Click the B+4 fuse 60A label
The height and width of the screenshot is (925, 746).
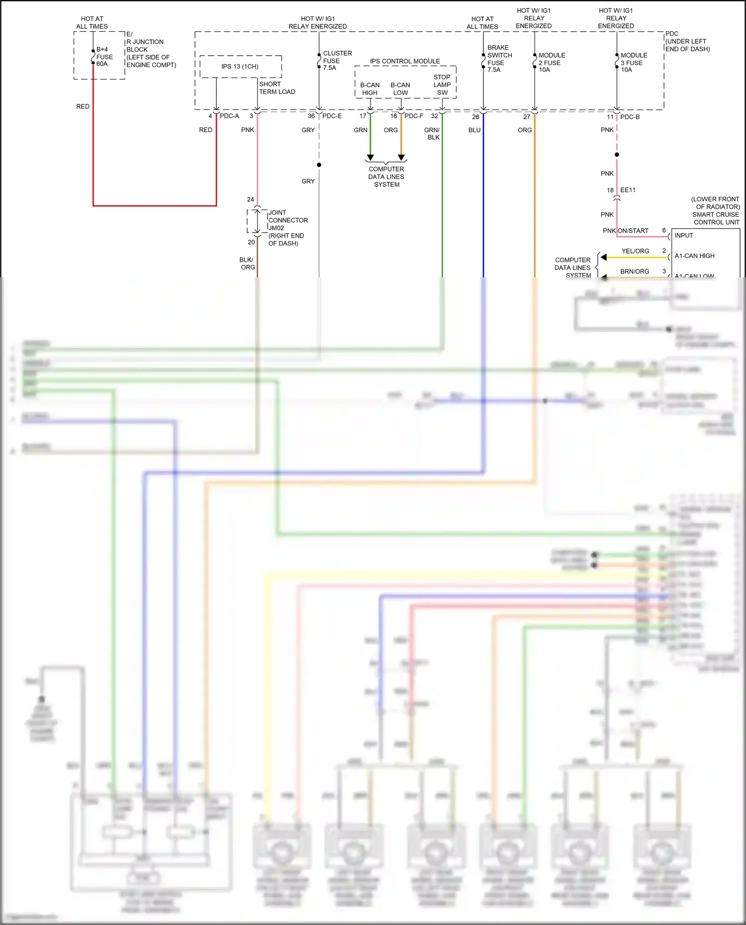pyautogui.click(x=104, y=57)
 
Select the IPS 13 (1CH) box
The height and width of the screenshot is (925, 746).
pyautogui.click(x=240, y=67)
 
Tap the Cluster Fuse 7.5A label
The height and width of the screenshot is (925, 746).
pyautogui.click(x=337, y=60)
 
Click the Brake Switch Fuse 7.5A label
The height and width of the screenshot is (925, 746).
pyautogui.click(x=499, y=59)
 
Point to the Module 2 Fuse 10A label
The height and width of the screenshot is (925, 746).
pyautogui.click(x=551, y=62)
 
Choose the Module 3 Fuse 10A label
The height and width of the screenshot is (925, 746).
pyautogui.click(x=633, y=62)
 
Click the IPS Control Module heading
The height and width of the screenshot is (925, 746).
pyautogui.click(x=404, y=61)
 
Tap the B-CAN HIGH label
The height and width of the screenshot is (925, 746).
pyautogui.click(x=370, y=89)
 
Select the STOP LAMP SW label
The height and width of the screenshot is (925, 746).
pyautogui.click(x=442, y=84)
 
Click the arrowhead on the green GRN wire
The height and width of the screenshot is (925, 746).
pyautogui.click(x=370, y=158)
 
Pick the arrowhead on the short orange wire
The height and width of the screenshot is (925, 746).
pyautogui.click(x=401, y=158)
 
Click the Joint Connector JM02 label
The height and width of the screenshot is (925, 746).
pyautogui.click(x=287, y=220)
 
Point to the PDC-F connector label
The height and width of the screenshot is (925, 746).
pyautogui.click(x=413, y=116)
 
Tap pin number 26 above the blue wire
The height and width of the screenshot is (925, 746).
pyautogui.click(x=475, y=117)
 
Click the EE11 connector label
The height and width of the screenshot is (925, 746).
pyautogui.click(x=628, y=190)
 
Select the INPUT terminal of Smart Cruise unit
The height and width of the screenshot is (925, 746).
pyautogui.click(x=683, y=236)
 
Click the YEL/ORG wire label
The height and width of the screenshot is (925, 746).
pyautogui.click(x=635, y=251)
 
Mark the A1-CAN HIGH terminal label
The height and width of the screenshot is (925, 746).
pyautogui.click(x=694, y=256)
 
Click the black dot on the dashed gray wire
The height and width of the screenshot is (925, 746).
pyautogui.click(x=319, y=165)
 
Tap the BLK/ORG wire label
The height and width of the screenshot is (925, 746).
pyautogui.click(x=247, y=263)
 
